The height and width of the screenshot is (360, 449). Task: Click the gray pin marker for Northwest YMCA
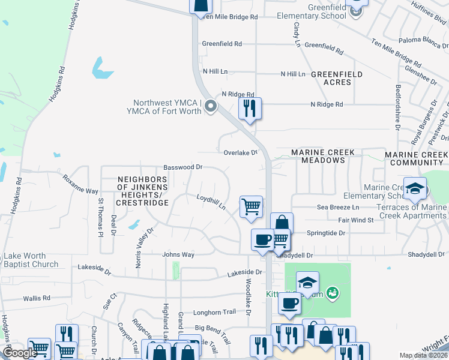[210, 107]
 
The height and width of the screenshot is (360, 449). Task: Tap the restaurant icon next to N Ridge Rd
[249, 108]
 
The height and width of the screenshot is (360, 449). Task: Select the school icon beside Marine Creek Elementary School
[415, 189]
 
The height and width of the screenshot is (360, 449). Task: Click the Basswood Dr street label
[183, 168]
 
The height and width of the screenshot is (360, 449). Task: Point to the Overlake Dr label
[240, 152]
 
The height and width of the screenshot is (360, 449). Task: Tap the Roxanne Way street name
[80, 184]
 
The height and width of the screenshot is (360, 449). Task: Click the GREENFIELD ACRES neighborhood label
[337, 77]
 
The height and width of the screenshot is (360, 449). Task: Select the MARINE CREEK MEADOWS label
[323, 157]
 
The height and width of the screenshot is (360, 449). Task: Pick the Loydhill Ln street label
[211, 201]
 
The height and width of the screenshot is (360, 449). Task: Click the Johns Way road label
[178, 254]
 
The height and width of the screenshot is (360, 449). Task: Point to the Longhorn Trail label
[214, 313]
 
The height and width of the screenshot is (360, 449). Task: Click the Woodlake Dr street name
[247, 293]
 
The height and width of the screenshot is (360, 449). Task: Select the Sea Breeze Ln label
[338, 207]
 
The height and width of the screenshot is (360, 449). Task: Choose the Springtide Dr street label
[327, 233]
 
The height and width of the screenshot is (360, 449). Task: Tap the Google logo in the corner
[19, 353]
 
